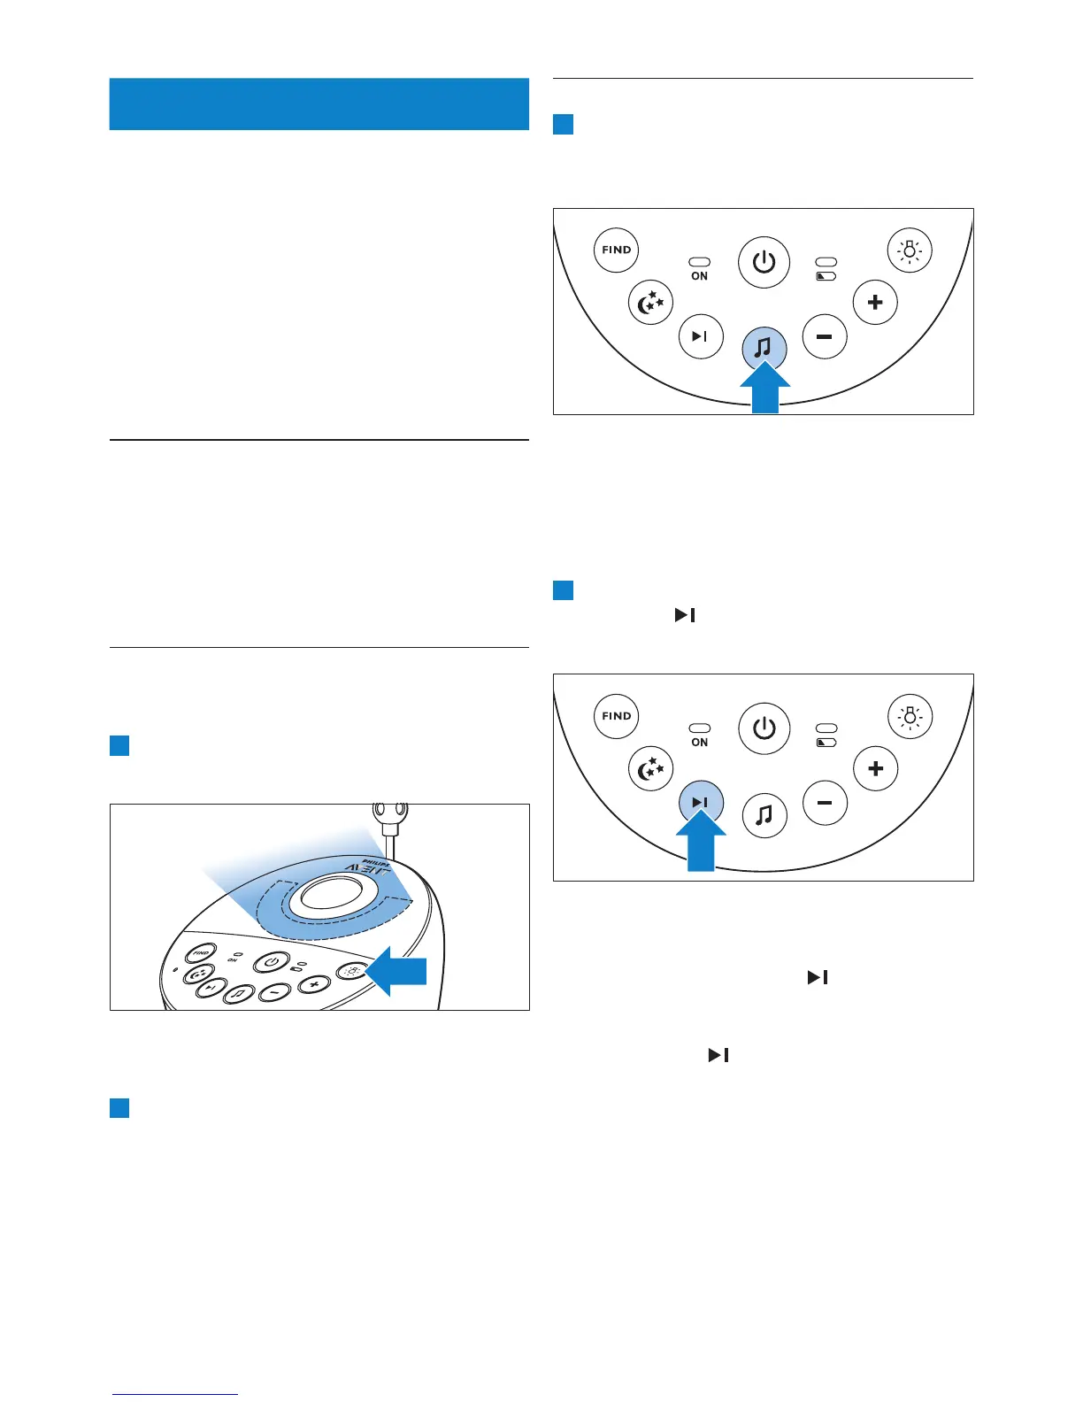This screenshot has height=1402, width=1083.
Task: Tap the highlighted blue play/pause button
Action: click(701, 803)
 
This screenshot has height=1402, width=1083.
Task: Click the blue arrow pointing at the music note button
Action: click(764, 390)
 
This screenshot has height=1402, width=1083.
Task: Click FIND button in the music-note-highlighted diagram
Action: click(616, 250)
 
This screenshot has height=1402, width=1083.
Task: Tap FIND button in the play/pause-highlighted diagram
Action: click(616, 716)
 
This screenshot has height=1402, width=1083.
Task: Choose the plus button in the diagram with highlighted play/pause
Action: click(875, 768)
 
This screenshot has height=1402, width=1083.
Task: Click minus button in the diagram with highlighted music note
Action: click(825, 337)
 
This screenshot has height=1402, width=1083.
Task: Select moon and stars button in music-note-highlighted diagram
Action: click(650, 303)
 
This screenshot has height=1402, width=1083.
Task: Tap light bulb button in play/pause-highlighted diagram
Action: click(909, 716)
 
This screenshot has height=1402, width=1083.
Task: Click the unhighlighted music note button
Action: click(764, 814)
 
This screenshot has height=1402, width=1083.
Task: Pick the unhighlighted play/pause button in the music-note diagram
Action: click(701, 337)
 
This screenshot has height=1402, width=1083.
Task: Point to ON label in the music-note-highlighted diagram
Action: click(699, 276)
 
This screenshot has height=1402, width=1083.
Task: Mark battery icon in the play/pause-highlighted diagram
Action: click(826, 743)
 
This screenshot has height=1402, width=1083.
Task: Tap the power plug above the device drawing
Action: click(390, 813)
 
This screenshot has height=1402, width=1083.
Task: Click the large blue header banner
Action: click(319, 104)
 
